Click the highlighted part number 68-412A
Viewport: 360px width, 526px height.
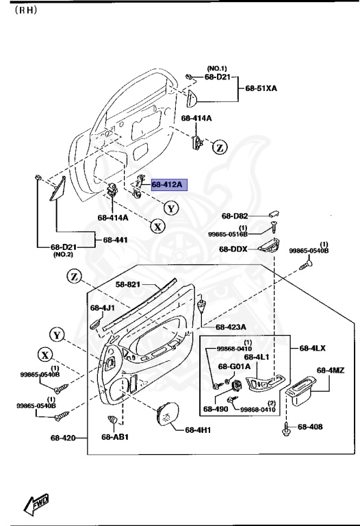click(x=167, y=185)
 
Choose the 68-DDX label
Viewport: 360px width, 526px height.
click(x=233, y=249)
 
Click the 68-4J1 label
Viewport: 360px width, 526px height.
click(x=105, y=308)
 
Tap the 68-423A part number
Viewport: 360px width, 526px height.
click(x=231, y=327)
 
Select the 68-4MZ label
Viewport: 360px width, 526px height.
click(x=331, y=371)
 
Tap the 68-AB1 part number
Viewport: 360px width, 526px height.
click(x=115, y=437)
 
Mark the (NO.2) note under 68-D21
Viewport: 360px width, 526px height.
click(x=62, y=255)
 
